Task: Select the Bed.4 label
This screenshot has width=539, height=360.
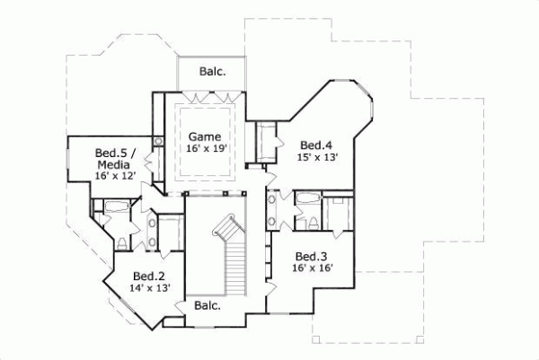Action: (x=316, y=145)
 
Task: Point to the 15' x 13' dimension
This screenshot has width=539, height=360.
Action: (x=316, y=157)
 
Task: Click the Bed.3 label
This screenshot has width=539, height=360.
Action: (x=311, y=255)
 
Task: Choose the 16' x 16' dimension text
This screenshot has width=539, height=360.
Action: (x=311, y=268)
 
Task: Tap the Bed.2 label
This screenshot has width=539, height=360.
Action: (x=149, y=276)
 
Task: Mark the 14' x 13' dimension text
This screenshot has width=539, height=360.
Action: (x=149, y=288)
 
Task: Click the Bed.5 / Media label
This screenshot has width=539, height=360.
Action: (x=114, y=159)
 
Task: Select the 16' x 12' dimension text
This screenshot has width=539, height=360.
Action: (x=114, y=177)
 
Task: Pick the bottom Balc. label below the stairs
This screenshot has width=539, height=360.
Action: (x=208, y=305)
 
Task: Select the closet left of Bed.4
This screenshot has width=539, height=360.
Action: (x=267, y=139)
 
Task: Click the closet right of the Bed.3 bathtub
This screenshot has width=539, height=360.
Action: (x=340, y=215)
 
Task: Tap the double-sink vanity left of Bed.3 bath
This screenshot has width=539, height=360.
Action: (x=272, y=212)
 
